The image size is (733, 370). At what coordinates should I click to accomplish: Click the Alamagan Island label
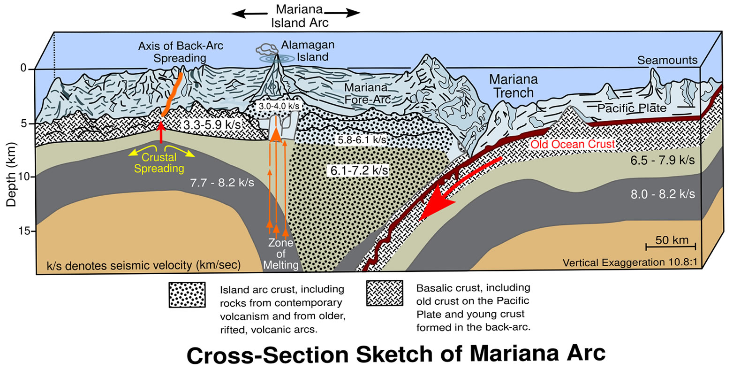coord(308,51)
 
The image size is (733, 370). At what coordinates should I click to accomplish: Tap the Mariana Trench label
coord(514,86)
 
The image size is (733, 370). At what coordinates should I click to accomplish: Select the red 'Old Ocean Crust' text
coord(572,144)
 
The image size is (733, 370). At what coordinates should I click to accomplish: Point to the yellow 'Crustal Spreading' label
coord(159,163)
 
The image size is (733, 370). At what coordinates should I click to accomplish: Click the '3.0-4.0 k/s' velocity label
coord(279,106)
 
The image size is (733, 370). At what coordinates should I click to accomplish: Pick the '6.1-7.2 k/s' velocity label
coord(359,170)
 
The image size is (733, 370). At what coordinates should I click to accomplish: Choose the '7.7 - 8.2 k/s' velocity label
coord(222,183)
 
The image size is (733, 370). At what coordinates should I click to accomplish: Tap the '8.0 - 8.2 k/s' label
coord(663,194)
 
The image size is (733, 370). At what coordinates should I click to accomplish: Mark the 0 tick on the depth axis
coord(26,68)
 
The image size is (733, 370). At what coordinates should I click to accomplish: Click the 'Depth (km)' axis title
coord(11,175)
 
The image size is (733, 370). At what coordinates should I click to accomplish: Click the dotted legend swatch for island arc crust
coord(187,294)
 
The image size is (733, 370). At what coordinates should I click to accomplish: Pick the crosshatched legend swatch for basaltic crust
coord(385,293)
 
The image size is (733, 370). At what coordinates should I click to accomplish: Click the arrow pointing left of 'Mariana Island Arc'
coord(249,14)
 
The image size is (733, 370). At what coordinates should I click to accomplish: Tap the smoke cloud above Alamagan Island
coord(267,49)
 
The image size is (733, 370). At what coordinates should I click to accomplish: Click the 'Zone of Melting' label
coord(281,254)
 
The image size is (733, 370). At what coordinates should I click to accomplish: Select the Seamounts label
coord(667,60)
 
